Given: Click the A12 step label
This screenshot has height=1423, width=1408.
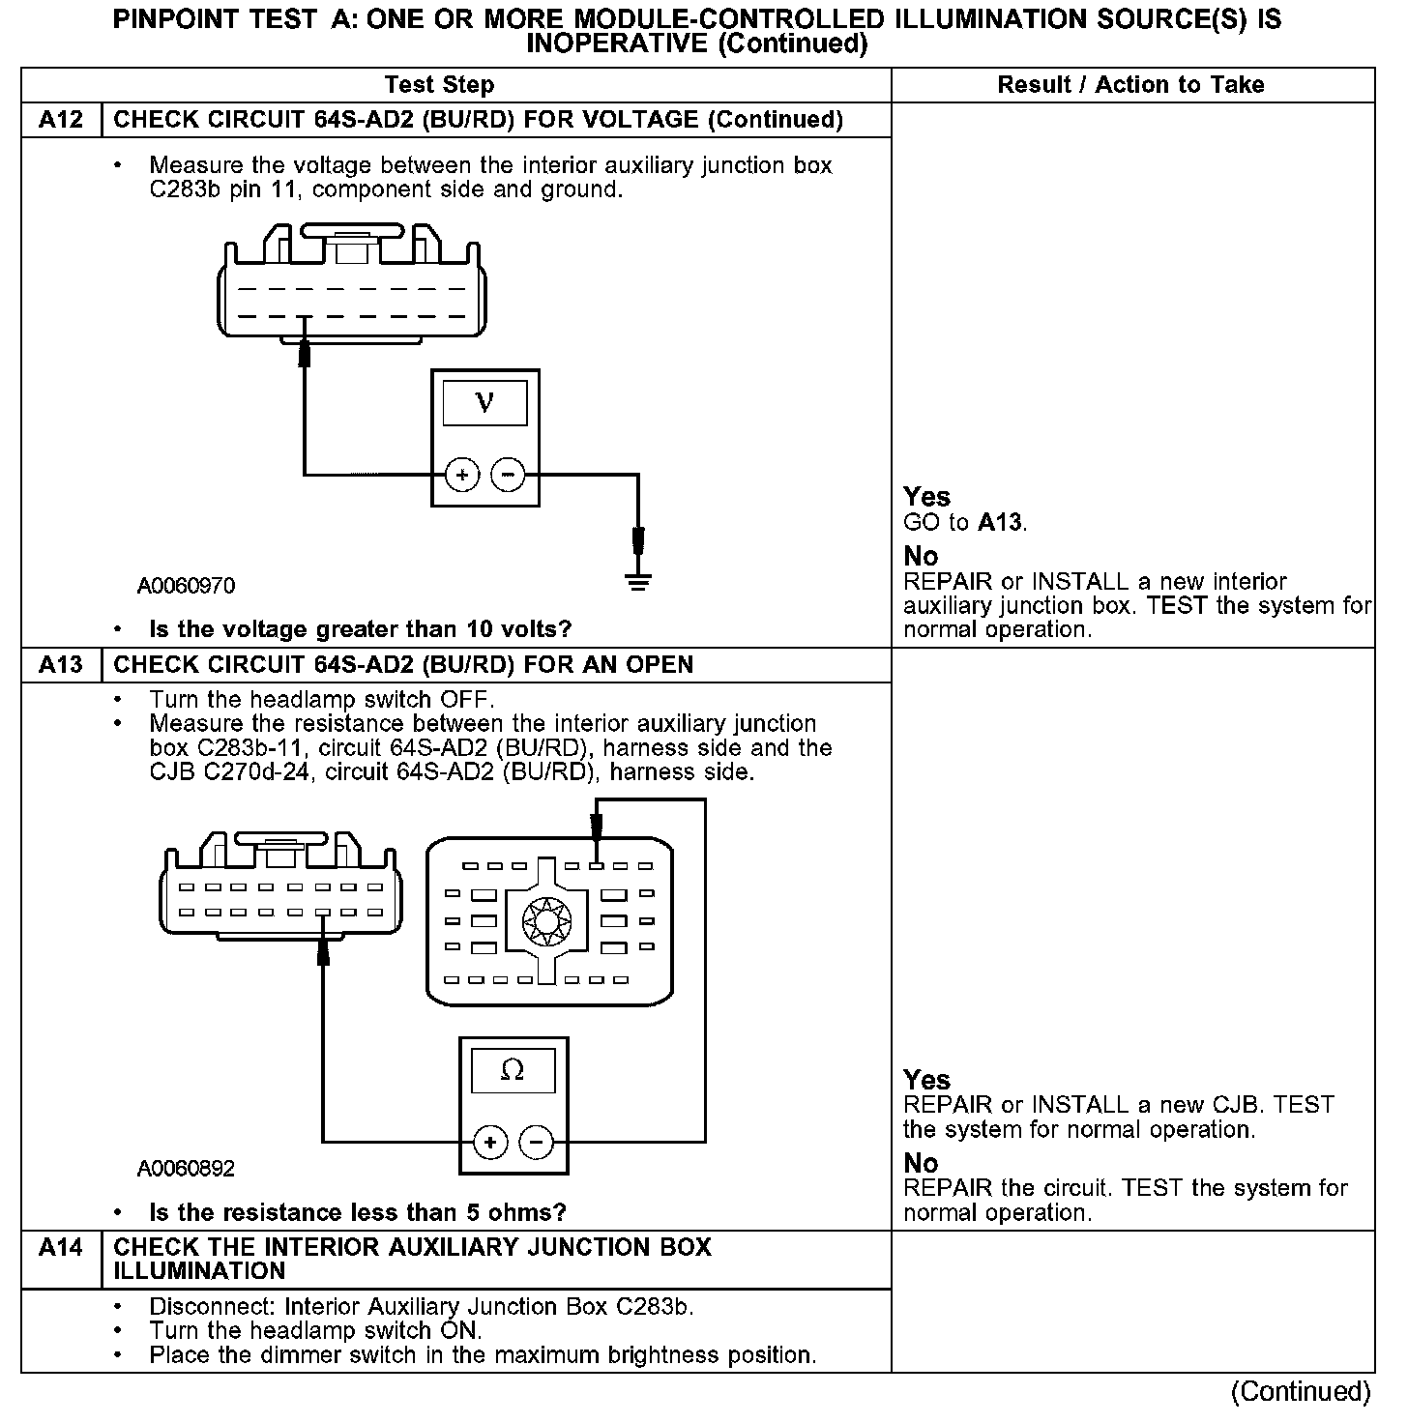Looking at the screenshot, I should [x=60, y=120].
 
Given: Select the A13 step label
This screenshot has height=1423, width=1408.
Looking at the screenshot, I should [x=60, y=665].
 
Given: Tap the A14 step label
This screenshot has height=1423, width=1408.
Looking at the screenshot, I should [x=60, y=1247].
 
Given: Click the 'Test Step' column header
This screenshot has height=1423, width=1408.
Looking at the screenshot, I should [x=439, y=85].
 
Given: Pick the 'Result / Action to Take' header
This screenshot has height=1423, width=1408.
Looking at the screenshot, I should [x=1130, y=85].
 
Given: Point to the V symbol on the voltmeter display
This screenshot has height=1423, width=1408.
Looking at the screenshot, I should [x=484, y=402].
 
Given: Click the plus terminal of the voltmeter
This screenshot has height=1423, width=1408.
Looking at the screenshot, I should [x=462, y=475].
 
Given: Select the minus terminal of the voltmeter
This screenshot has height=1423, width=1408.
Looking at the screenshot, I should [x=509, y=475].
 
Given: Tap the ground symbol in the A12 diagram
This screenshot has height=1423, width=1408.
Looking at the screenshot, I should [x=638, y=582].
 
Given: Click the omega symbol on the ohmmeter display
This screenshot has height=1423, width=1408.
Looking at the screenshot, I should [x=513, y=1070].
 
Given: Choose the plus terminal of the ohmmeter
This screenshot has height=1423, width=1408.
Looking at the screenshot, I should [x=490, y=1143].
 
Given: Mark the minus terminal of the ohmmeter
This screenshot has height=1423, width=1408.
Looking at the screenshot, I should [x=537, y=1143].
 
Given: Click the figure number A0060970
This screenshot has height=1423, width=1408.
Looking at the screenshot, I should [x=186, y=586].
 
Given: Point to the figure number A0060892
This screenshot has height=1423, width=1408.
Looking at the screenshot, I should [x=186, y=1169].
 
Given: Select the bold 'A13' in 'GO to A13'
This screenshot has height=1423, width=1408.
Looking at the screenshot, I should [x=999, y=523].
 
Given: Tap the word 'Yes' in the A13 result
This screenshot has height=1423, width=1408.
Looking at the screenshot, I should [x=926, y=1079].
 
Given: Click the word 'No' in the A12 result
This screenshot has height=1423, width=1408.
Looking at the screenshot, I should [x=921, y=556].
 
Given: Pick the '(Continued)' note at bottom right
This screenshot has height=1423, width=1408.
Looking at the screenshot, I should [x=1300, y=1391].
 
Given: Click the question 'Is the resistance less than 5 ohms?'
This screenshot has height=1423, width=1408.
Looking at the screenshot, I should [x=358, y=1212].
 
